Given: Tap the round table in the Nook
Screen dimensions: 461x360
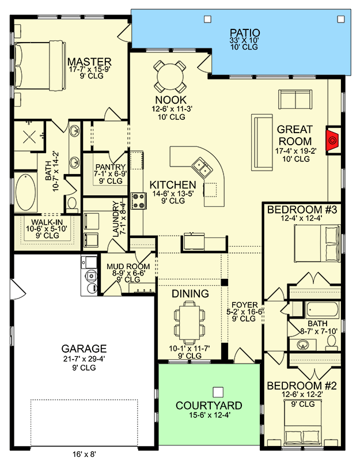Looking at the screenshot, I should click(170, 74).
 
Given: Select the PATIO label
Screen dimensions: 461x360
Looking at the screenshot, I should click(245, 33).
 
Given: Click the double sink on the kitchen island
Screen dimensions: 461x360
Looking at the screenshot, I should click(202, 169).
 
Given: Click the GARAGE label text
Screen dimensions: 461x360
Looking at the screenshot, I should click(85, 349).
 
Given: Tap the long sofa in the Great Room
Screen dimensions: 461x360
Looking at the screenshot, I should click(262, 142).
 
